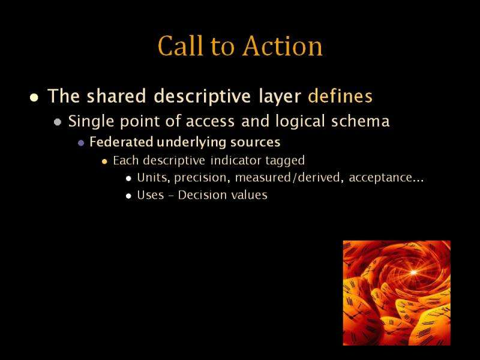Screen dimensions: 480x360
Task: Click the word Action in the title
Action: (x=283, y=46)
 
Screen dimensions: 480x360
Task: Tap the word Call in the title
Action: (x=181, y=46)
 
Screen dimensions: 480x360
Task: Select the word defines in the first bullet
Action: (x=340, y=96)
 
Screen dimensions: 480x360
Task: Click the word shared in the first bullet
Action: (x=116, y=96)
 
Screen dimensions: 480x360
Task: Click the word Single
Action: (x=91, y=122)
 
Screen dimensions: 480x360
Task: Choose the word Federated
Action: (x=121, y=142)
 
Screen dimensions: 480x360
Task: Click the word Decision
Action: (x=199, y=195)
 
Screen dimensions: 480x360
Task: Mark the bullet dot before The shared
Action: (x=34, y=97)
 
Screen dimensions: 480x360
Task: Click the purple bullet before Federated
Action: (x=81, y=143)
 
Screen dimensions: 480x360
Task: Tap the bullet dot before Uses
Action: (x=128, y=196)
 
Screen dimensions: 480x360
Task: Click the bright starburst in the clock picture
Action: (x=413, y=272)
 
